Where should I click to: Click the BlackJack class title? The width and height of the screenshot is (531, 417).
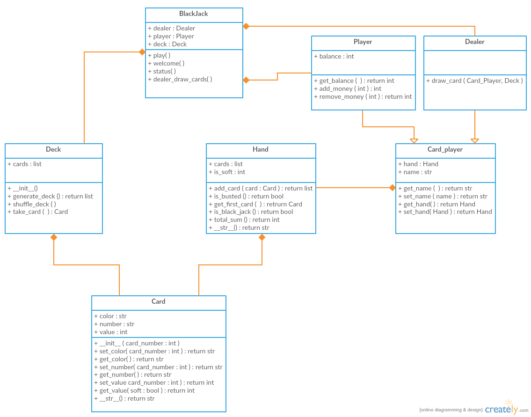(194, 14)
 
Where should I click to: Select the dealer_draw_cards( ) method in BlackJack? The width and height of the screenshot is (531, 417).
(180, 79)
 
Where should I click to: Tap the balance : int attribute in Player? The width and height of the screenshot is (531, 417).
(334, 56)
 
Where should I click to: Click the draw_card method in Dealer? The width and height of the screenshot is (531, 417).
(474, 80)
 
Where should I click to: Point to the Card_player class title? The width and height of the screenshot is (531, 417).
(445, 150)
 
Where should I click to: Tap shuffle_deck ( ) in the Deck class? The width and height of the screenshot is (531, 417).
(32, 204)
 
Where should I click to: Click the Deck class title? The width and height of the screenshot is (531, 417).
(53, 150)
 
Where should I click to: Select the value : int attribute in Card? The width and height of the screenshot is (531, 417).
(111, 332)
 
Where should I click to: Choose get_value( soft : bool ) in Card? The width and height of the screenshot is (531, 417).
(145, 390)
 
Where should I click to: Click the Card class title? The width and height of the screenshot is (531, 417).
(159, 302)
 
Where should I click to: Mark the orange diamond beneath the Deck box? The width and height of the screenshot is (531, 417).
(54, 237)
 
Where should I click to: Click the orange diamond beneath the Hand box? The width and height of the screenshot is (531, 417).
(262, 237)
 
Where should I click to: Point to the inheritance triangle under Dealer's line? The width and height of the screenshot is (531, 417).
(475, 140)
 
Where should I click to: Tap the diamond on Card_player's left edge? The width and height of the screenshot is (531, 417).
(392, 188)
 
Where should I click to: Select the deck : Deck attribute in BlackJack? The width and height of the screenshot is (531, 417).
(167, 44)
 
